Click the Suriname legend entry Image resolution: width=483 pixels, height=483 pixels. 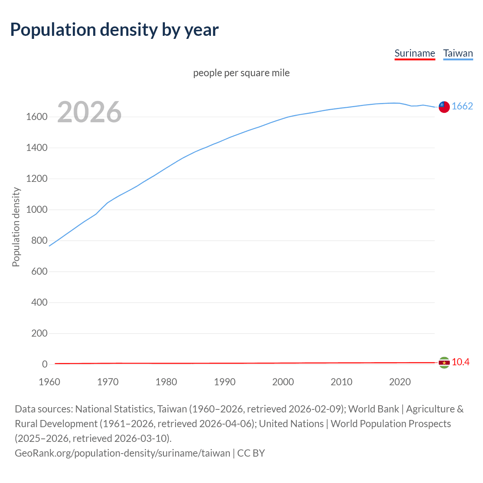point(415,53)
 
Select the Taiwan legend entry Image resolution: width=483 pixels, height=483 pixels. point(458,53)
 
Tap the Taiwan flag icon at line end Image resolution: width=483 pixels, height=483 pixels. point(444,107)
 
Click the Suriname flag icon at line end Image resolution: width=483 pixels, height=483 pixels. point(444,363)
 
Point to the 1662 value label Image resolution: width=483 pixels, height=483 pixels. point(462,106)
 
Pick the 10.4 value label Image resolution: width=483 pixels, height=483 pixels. point(460,362)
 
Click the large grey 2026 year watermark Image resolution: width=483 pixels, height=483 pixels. point(89,112)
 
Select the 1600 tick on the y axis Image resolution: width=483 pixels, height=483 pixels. point(37,117)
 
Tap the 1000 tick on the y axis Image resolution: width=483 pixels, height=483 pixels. point(37,210)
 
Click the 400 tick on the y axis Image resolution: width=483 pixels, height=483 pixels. point(39,303)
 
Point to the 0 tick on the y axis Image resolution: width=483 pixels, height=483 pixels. point(45,365)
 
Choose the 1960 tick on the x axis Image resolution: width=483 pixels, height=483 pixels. point(49,382)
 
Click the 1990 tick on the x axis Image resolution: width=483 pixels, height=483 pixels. point(225,382)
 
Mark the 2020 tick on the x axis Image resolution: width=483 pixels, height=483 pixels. point(400,382)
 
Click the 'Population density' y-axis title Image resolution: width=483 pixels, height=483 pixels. point(16,227)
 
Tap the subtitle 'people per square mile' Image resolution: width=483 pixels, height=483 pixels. point(241,73)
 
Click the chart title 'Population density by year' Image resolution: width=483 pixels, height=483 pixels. point(114,30)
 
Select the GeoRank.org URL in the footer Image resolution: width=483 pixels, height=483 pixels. point(122,453)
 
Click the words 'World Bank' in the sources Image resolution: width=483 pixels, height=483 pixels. point(373,409)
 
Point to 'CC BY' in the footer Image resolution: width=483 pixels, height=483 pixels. point(251,453)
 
